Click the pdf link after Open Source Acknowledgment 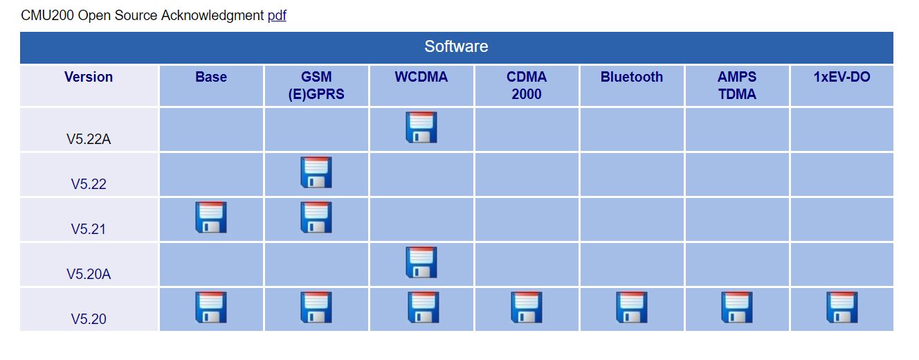[277, 15]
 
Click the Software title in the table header [456, 47]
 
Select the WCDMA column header [421, 78]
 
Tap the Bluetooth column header [631, 78]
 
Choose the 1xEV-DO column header [841, 78]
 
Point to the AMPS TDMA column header [736, 86]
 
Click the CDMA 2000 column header [526, 86]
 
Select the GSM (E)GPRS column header [316, 86]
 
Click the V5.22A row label [89, 139]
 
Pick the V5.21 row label [89, 229]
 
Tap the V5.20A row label [89, 274]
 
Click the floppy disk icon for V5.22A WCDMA [421, 127]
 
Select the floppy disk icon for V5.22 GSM [316, 172]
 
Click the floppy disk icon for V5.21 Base [210, 217]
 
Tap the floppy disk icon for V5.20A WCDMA [421, 262]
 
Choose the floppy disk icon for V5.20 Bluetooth [631, 307]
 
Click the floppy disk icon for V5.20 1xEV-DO [841, 307]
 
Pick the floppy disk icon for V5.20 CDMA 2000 [526, 307]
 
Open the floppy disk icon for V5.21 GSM [316, 217]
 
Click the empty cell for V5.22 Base [211, 174]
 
